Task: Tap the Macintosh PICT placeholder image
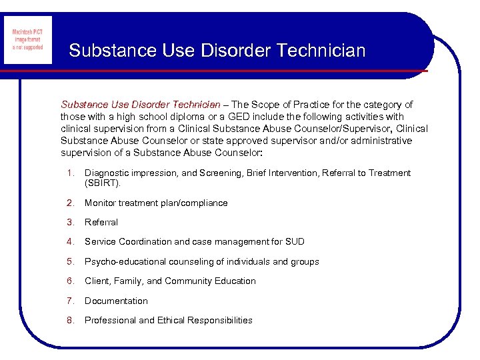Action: click(28, 40)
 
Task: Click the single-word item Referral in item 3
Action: click(101, 223)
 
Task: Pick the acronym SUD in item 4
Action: click(294, 242)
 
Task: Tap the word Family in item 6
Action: click(128, 281)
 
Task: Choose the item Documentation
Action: click(116, 301)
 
